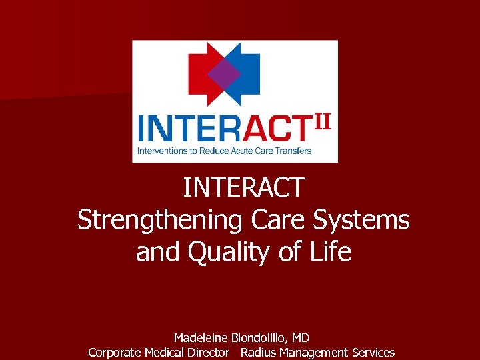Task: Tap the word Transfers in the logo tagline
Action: click(x=294, y=151)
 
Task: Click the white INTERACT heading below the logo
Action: click(x=243, y=188)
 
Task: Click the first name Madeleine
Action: click(x=201, y=339)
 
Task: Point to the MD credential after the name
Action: click(x=301, y=339)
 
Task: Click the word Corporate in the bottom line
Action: click(x=115, y=353)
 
